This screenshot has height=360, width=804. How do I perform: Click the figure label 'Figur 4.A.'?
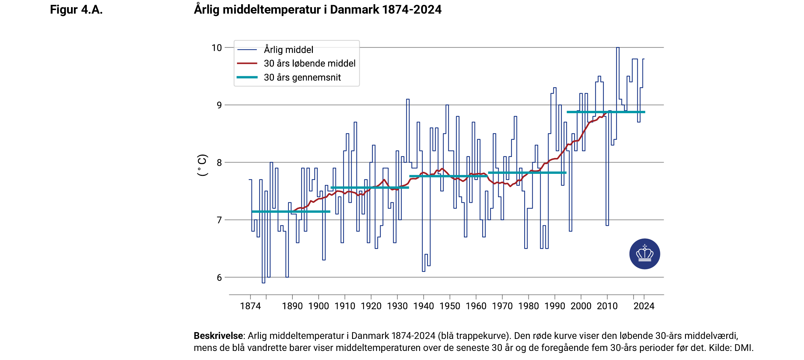click(76, 10)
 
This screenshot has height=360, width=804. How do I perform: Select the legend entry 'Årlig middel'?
click(288, 50)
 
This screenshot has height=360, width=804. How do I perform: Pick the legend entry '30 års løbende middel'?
click(309, 63)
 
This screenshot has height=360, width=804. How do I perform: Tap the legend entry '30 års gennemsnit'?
click(302, 78)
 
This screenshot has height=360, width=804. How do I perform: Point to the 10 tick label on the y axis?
click(217, 48)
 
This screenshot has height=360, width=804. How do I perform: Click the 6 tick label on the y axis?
click(219, 278)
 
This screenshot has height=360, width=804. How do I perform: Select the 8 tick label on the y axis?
click(219, 163)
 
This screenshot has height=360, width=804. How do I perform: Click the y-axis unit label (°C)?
click(202, 165)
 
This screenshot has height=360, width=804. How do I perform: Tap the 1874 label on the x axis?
click(250, 306)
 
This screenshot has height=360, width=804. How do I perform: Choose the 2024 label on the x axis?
click(644, 306)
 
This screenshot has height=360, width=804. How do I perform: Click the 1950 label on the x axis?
click(450, 306)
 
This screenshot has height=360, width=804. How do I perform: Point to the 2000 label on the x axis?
click(581, 306)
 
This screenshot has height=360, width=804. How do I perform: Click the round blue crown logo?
click(644, 254)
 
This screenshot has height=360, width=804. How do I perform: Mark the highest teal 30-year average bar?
click(606, 112)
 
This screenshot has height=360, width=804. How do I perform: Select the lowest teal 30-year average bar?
click(291, 211)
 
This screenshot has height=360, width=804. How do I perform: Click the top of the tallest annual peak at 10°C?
click(618, 48)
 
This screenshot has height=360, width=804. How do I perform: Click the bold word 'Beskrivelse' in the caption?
click(218, 336)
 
